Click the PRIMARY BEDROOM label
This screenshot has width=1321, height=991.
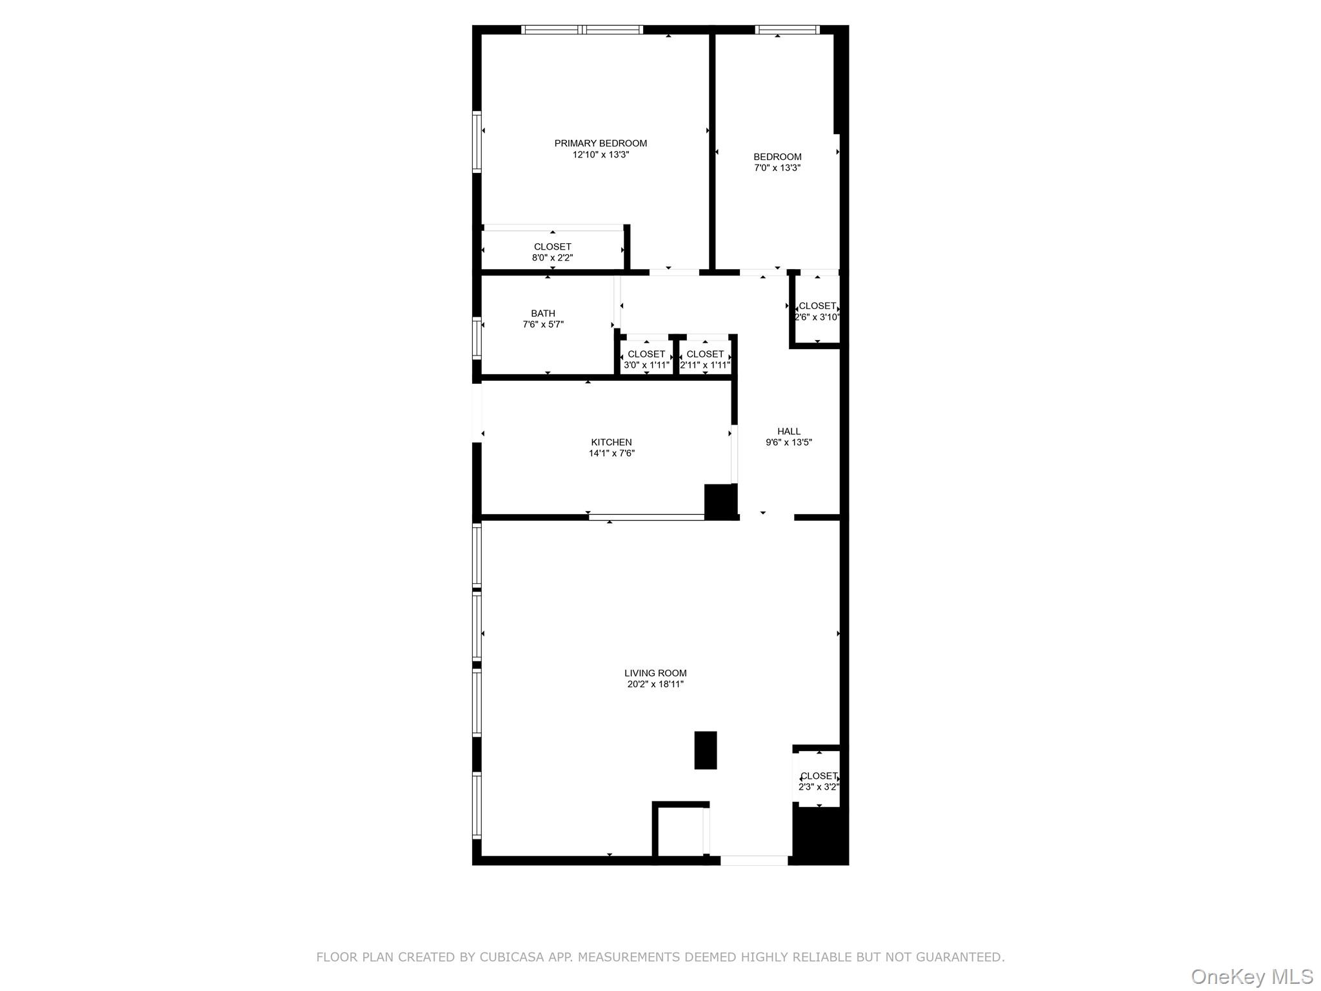click(x=601, y=143)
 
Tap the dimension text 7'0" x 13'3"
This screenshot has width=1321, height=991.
click(x=777, y=168)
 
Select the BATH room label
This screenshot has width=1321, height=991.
click(x=543, y=314)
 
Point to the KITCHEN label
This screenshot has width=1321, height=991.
click(x=611, y=442)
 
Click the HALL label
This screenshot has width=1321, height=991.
click(x=788, y=431)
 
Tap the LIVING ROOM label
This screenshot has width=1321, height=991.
click(x=655, y=673)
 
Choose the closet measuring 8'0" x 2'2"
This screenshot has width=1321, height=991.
click(x=552, y=252)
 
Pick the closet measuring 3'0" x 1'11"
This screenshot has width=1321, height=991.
click(x=646, y=359)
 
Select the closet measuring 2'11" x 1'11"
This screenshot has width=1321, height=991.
click(x=705, y=359)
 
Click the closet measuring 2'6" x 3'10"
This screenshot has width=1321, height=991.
click(x=817, y=311)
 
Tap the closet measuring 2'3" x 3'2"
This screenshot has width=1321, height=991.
click(x=819, y=781)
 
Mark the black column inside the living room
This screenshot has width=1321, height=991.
click(x=705, y=750)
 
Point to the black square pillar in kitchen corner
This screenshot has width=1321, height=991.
click(x=720, y=501)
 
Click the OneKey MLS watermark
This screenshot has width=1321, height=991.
click(x=1251, y=976)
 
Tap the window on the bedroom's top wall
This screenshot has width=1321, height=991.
click(x=787, y=29)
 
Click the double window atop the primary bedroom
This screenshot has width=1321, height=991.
click(x=582, y=29)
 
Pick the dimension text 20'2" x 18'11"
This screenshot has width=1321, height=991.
click(x=655, y=685)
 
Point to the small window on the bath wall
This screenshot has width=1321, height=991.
click(x=477, y=338)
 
